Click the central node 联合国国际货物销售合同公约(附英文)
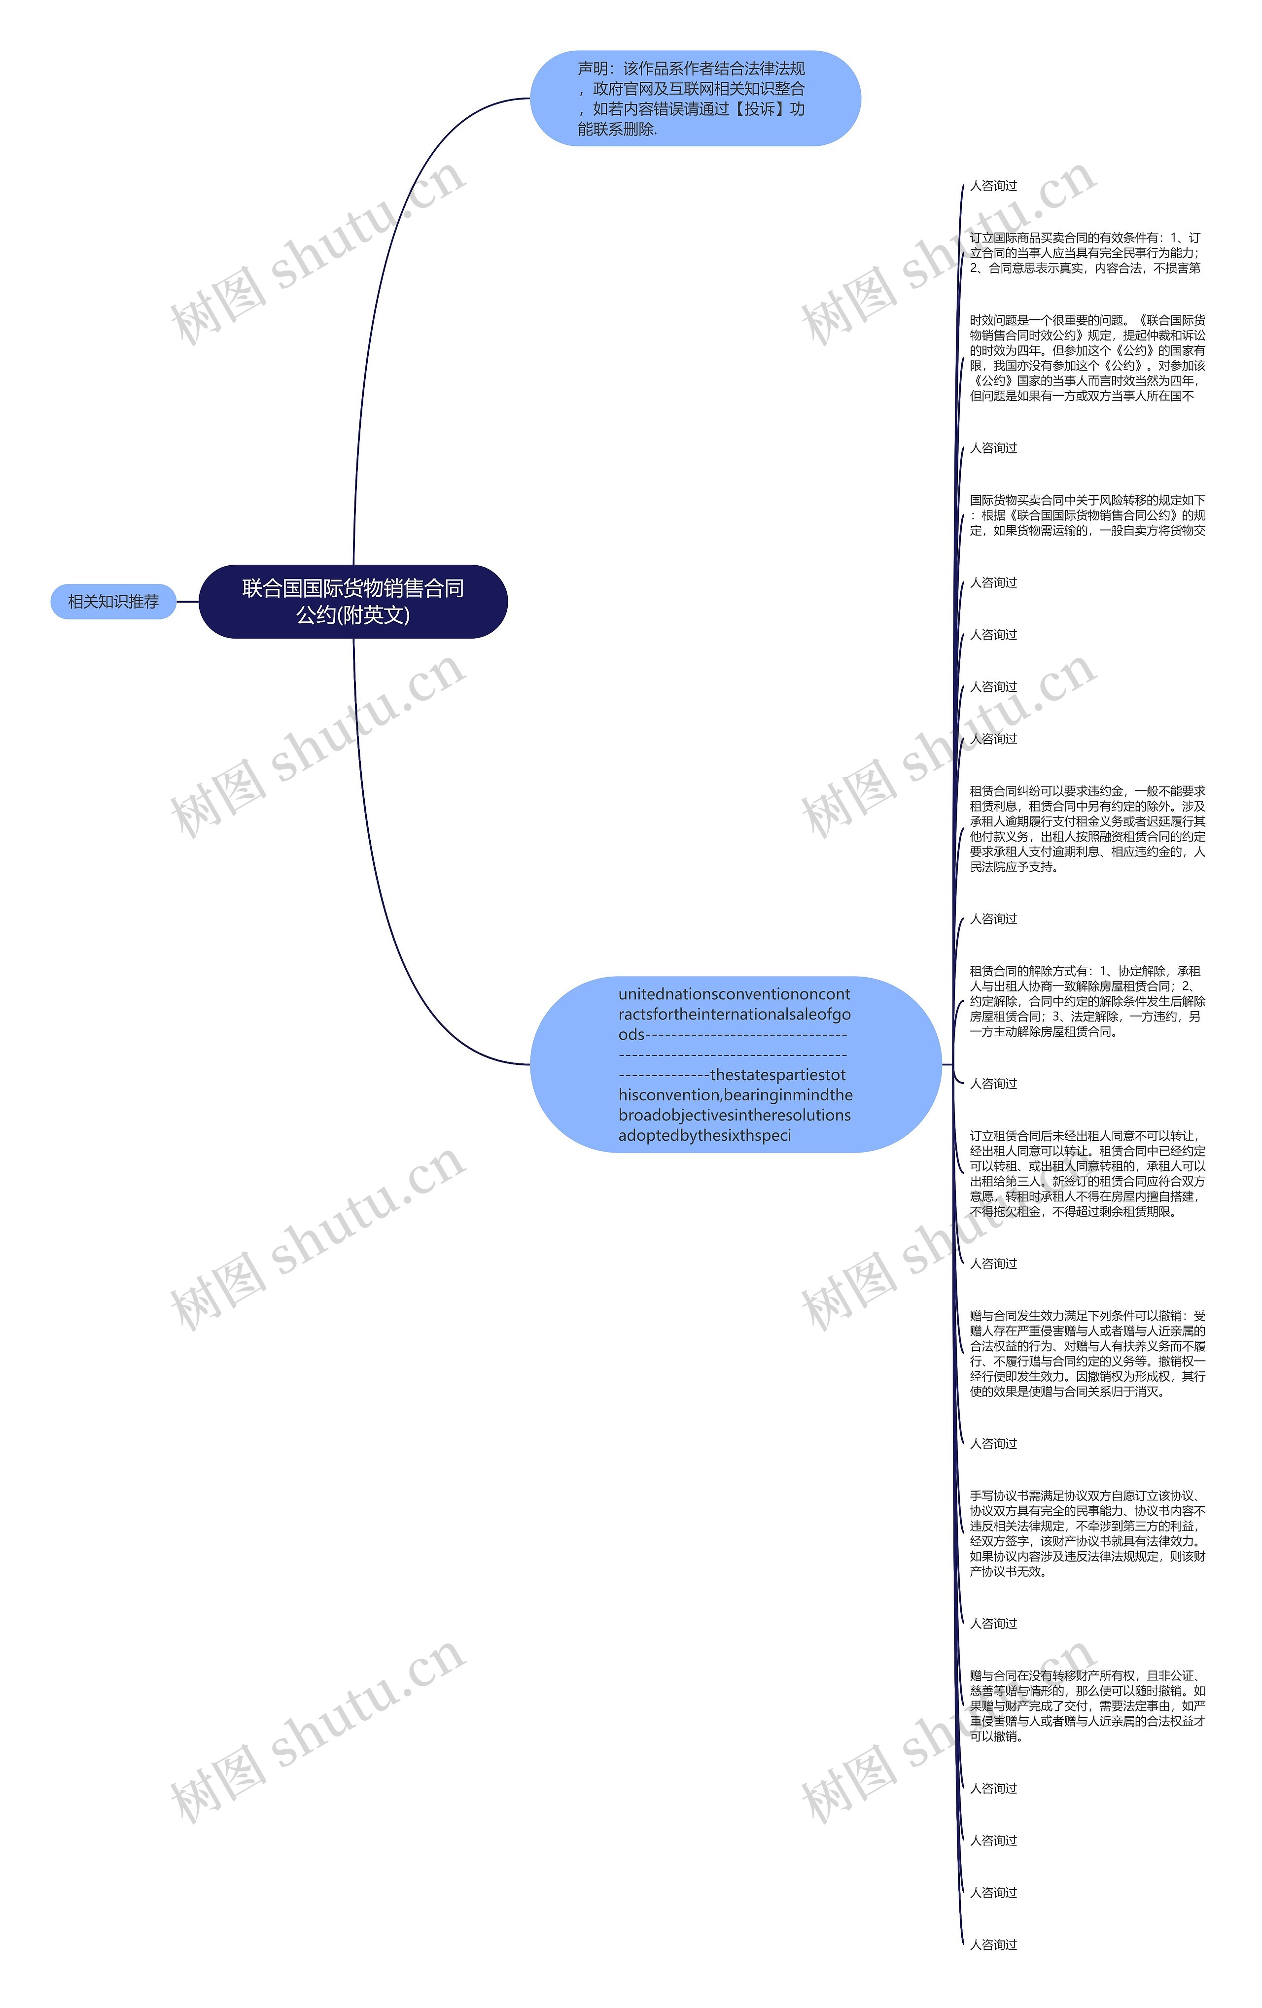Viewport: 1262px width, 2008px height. pos(353,601)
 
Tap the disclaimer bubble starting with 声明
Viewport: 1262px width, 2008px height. pos(695,99)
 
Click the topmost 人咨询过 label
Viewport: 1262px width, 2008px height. pos(992,186)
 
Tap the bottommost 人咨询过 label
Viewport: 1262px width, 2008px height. pos(992,1944)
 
